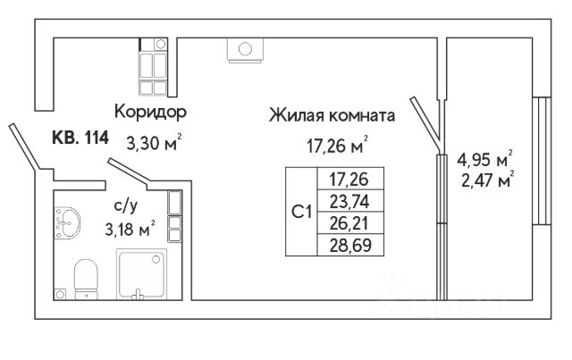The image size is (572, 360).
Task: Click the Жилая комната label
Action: coord(331,115)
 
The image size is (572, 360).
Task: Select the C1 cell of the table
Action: coord(302,211)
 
